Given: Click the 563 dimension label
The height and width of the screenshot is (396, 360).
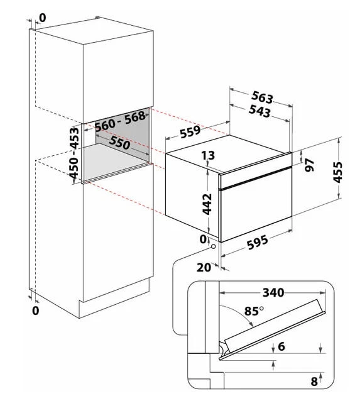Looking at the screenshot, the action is point(262,97).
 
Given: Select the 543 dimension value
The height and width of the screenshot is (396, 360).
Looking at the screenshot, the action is point(259,111).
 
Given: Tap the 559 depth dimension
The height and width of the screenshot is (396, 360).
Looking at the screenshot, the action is point(190,132).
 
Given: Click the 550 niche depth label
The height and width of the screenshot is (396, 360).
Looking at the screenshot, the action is point(119,143).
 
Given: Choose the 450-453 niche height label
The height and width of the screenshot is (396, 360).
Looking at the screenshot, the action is point(74,153).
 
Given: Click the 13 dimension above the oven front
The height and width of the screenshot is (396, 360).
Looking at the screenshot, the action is point(208,156).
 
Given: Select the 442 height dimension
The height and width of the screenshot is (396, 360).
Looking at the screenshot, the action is point(207,204).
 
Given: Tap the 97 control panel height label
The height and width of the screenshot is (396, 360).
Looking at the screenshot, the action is point(309,165).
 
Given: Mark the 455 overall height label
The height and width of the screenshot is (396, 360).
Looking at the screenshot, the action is point(337,172).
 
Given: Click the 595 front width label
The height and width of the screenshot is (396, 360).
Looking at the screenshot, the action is point(257,242).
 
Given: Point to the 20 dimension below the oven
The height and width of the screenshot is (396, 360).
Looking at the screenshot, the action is point(204,267).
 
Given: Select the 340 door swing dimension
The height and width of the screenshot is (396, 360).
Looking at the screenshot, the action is point(273,292).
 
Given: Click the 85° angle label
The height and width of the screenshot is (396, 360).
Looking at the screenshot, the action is point(254,311).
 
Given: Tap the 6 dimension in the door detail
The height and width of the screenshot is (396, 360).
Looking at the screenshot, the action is point(281,346).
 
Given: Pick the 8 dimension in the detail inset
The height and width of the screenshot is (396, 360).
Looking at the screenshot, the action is point(314,382).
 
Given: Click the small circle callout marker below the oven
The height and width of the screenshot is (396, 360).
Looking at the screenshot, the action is point(214,246).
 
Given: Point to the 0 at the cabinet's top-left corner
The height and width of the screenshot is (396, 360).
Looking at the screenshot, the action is point(43,18).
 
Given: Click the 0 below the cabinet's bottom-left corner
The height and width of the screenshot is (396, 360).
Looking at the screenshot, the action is point(36,311).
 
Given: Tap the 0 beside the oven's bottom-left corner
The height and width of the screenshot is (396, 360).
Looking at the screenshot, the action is point(203,239).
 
